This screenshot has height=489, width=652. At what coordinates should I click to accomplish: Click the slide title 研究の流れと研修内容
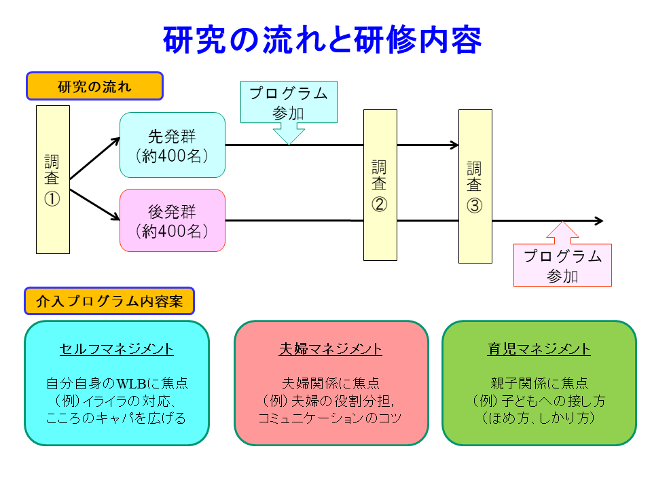click(x=323, y=40)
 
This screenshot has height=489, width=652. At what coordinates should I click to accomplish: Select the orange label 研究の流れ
click(x=94, y=86)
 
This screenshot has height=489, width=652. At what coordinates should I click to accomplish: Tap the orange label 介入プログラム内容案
click(x=109, y=301)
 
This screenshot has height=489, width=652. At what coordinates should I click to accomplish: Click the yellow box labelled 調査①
click(x=53, y=179)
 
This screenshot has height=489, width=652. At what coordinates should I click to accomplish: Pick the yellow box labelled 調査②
click(x=380, y=185)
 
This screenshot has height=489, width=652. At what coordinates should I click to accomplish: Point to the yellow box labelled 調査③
click(x=475, y=186)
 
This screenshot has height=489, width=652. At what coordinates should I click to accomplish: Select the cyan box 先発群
click(x=173, y=145)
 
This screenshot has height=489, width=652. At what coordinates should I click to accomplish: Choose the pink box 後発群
click(x=173, y=221)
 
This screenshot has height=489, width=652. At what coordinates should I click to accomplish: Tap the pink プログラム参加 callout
click(x=562, y=265)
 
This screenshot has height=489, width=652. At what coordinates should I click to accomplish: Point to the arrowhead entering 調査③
click(x=454, y=145)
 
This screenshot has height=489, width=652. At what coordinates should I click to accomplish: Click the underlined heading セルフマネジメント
click(x=117, y=349)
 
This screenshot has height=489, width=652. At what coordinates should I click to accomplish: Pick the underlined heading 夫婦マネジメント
click(x=331, y=349)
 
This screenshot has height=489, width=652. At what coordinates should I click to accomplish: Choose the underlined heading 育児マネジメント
click(x=539, y=349)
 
